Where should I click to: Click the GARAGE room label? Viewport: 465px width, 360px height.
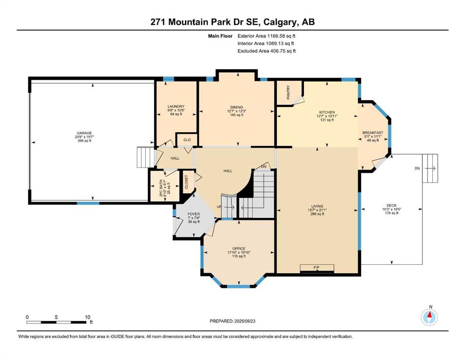(84, 133)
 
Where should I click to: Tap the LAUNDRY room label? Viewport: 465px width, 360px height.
(176, 106)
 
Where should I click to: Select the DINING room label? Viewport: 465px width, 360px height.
(236, 107)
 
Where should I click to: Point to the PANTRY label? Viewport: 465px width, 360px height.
(288, 92)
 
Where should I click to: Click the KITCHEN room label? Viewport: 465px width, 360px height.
(327, 112)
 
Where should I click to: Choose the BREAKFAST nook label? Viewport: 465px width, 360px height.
(373, 133)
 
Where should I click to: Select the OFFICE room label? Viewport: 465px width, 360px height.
(239, 248)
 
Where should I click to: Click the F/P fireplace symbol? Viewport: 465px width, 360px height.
(317, 268)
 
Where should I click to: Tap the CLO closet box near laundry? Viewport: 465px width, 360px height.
(186, 139)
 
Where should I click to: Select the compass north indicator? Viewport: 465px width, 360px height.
(429, 317)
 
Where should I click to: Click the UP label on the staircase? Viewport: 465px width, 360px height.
(219, 207)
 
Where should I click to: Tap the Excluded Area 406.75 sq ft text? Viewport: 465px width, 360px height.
(266, 51)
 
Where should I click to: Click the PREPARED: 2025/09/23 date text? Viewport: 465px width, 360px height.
(233, 321)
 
